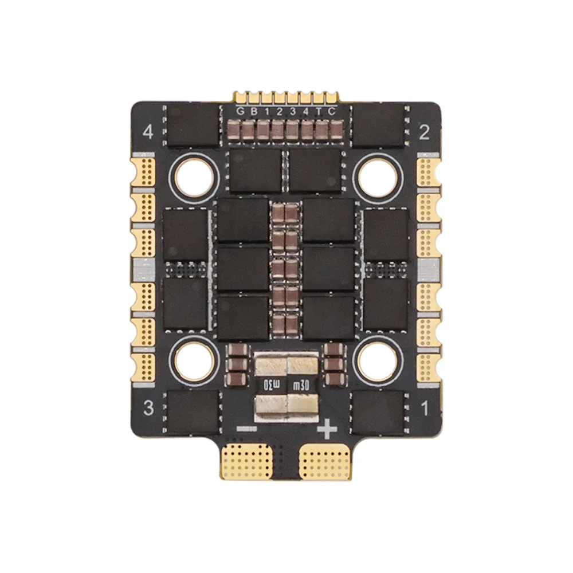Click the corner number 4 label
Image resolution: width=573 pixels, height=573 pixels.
click(148, 132)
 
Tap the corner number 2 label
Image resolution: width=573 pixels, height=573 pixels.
click(424, 132)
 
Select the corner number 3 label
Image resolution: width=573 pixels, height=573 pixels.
click(148, 407)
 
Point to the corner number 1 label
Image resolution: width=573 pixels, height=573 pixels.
click(425, 408)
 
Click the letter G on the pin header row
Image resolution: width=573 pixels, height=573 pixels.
click(240, 112)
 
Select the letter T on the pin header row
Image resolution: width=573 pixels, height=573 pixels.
click(319, 112)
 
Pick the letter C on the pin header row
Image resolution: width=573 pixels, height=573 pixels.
click(331, 112)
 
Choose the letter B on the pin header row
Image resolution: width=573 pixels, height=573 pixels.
click(254, 112)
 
